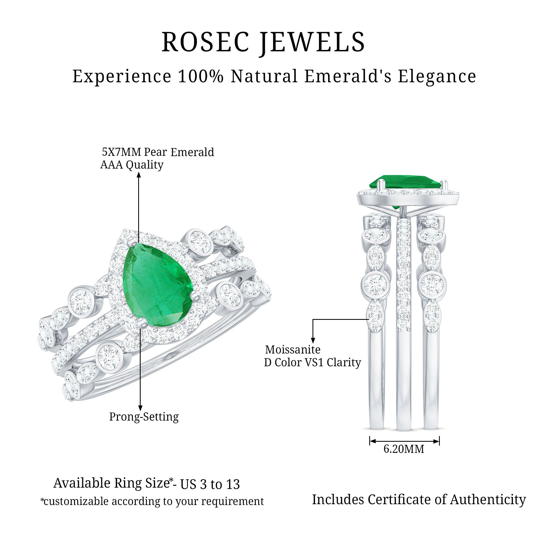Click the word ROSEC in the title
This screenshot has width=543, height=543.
point(205,42)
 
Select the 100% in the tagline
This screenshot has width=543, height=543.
point(201,76)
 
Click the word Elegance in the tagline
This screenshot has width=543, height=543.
point(437,76)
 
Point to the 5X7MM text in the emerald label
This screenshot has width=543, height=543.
point(121,152)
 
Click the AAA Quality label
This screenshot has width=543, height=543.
point(132,165)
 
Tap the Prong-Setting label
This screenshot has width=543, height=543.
point(144,416)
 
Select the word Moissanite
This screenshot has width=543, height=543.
point(293,350)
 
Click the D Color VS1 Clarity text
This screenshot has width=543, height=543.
point(312,362)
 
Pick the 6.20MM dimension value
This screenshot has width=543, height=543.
point(404,449)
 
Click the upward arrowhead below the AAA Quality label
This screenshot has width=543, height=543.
point(139,175)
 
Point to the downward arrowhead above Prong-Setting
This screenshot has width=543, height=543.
point(140,408)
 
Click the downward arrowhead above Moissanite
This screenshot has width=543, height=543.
point(313,341)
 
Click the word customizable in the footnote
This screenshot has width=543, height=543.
point(76,501)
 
